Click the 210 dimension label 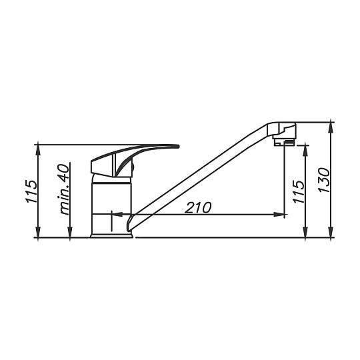pos(199,207)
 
